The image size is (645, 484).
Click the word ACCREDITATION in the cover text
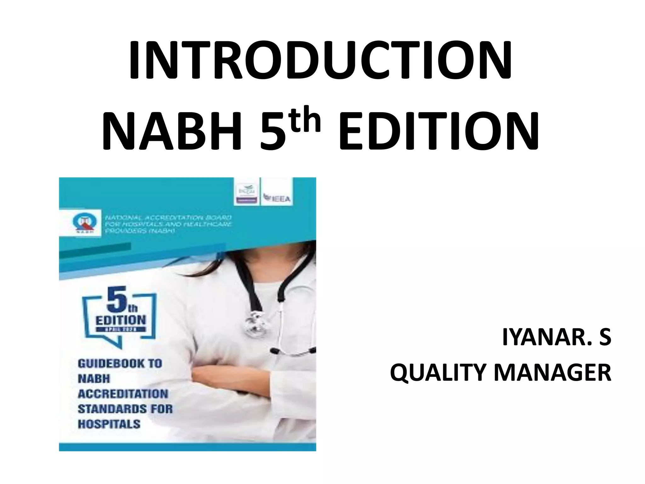pyautogui.click(x=123, y=394)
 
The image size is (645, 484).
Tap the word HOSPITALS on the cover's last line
pyautogui.click(x=109, y=424)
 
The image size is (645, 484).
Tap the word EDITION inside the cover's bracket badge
pyautogui.click(x=121, y=320)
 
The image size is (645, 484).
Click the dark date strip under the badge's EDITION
pyautogui.click(x=121, y=329)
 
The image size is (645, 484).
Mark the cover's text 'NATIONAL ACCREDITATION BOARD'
pyautogui.click(x=168, y=217)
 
